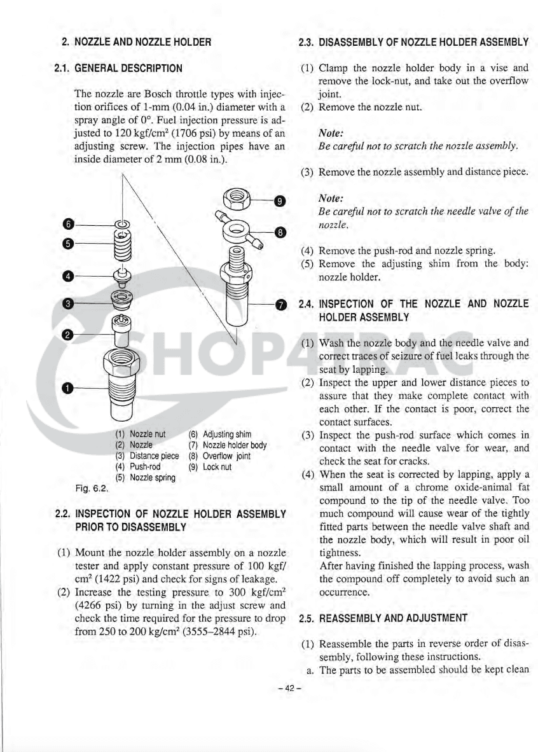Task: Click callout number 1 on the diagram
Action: [68, 387]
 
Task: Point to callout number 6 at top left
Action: [68, 223]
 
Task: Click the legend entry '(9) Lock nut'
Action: [210, 466]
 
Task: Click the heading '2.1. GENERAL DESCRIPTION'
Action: [118, 67]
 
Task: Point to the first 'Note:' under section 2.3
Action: [331, 134]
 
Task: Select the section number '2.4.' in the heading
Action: [307, 304]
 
